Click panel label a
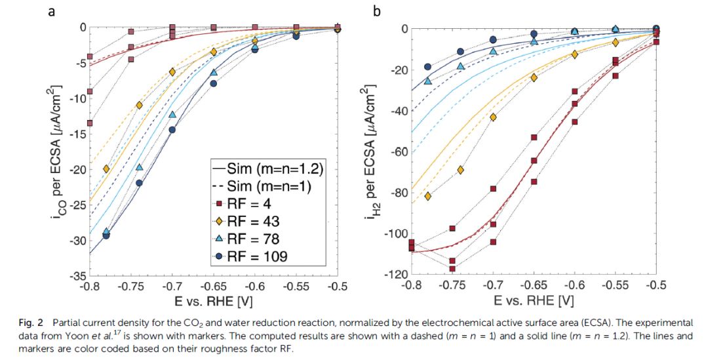point(51,10)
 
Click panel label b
point(376,10)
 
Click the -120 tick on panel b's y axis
point(395,275)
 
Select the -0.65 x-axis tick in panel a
point(213,287)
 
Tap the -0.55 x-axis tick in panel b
point(615,287)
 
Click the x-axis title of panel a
point(212,302)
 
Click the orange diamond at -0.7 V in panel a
point(172,72)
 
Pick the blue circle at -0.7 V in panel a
point(172,130)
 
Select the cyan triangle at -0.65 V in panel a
point(214,72)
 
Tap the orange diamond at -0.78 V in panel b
point(428,196)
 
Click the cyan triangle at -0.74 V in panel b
point(461,66)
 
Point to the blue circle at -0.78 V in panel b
point(428,67)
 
